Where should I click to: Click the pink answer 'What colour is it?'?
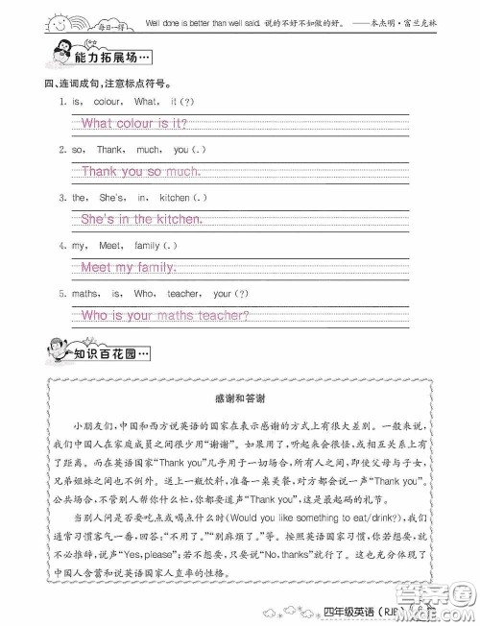pos(133,123)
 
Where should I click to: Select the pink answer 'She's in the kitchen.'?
pos(141,220)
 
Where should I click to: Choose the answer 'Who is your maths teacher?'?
pos(164,315)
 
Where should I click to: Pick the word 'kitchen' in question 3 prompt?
pos(174,198)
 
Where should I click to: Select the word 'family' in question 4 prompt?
pos(147,246)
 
